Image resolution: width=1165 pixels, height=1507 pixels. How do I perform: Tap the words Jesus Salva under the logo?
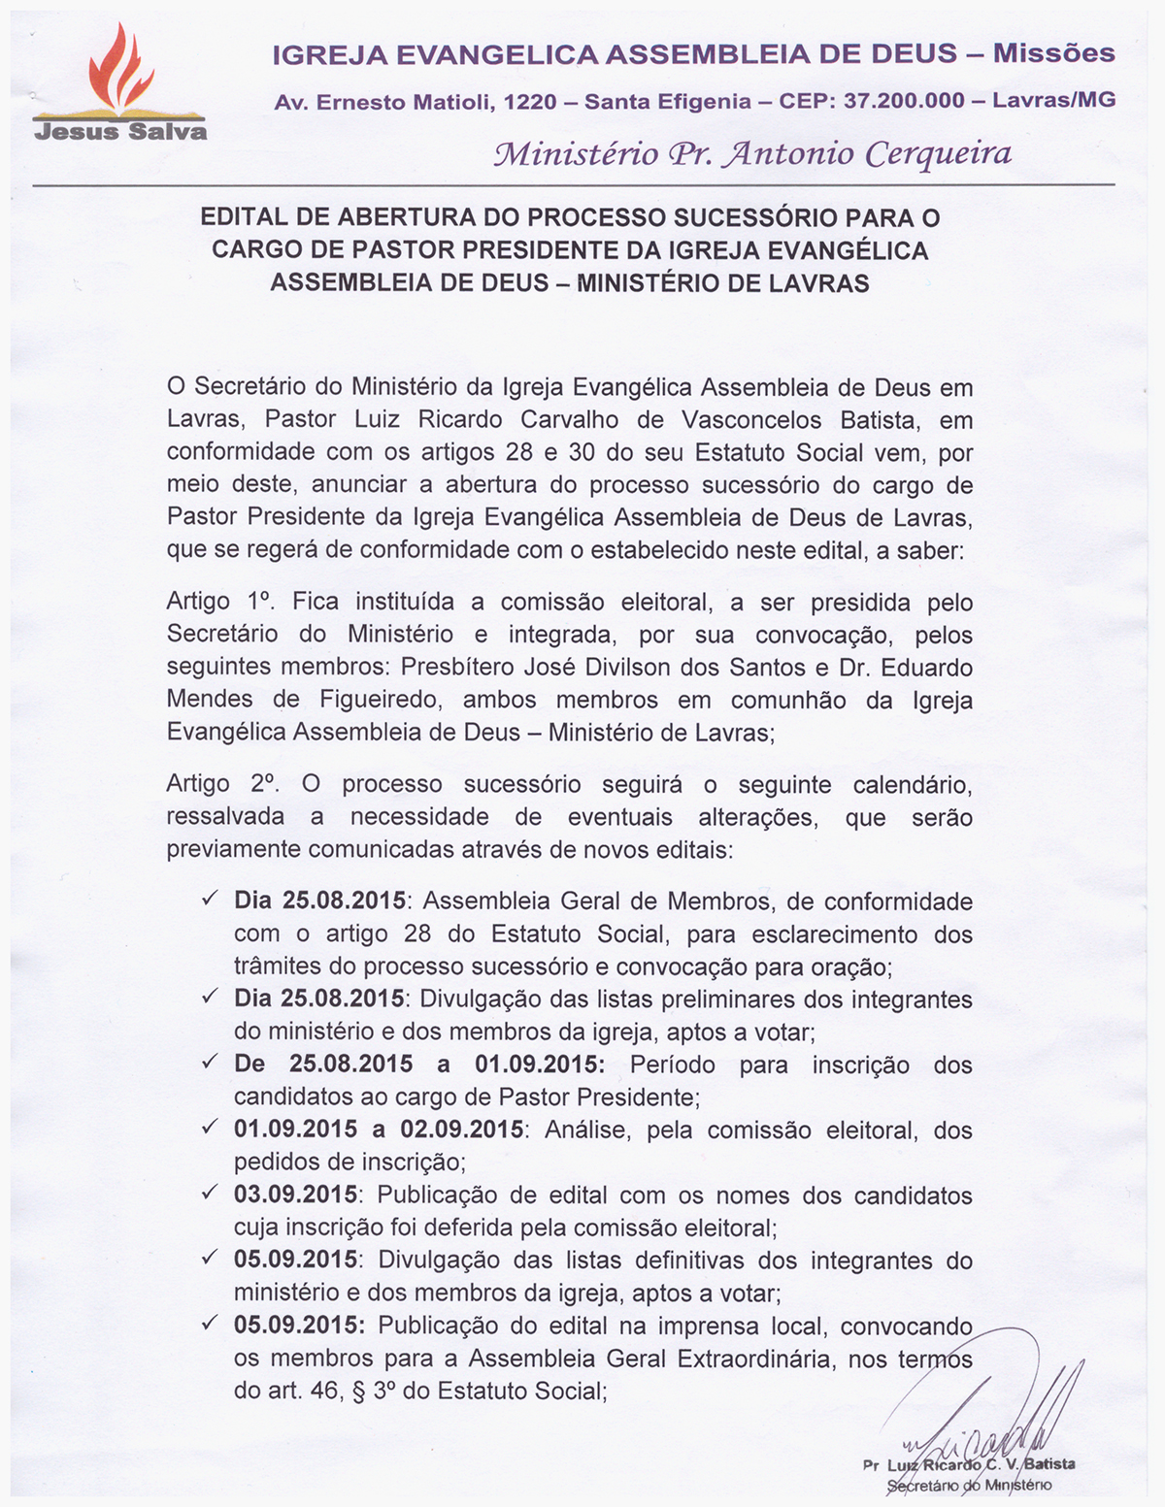(120, 131)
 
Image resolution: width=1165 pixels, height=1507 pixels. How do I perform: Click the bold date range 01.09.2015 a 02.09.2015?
(379, 1130)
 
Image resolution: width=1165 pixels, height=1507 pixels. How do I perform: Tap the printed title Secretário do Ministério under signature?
(969, 1486)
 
